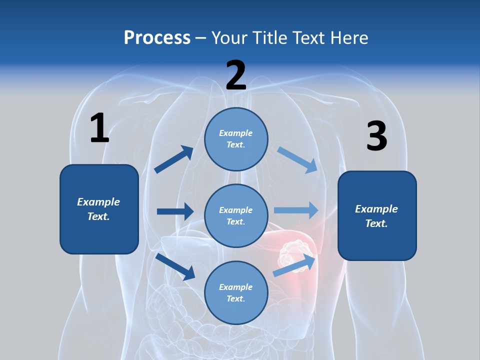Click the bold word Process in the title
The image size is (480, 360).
pos(157,38)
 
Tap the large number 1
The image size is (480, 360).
pos(99,128)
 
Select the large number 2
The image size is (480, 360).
pos(236,75)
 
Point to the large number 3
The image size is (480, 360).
pos(376,136)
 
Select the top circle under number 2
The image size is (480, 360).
pos(236,139)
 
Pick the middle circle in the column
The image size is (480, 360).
pos(236,215)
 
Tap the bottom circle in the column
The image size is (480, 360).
pos(236,292)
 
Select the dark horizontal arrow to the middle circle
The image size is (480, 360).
pos(175,211)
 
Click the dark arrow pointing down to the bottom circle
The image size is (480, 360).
pos(175,266)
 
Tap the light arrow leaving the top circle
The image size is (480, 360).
pos(297,159)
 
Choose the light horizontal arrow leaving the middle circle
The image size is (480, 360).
pos(296,210)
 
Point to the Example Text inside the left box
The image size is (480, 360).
pos(98,209)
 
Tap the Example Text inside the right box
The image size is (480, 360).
pos(376,216)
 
